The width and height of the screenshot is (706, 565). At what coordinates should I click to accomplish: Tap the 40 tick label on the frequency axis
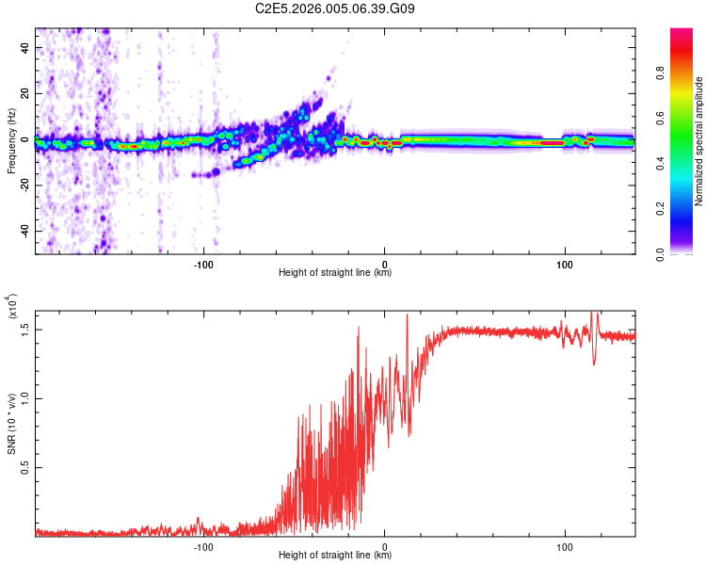click(x=26, y=46)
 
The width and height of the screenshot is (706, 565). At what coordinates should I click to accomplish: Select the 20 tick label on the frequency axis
click(x=26, y=93)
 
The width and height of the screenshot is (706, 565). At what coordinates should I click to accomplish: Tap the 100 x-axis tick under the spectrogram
click(x=565, y=264)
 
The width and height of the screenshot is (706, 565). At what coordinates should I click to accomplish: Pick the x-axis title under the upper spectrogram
click(x=335, y=273)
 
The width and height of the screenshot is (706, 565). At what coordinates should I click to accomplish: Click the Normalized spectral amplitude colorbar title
click(x=699, y=141)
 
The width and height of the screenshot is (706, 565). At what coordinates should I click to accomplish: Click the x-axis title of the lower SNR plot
click(x=335, y=556)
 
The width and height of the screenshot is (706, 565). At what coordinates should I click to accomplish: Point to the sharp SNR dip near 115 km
click(x=594, y=363)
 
